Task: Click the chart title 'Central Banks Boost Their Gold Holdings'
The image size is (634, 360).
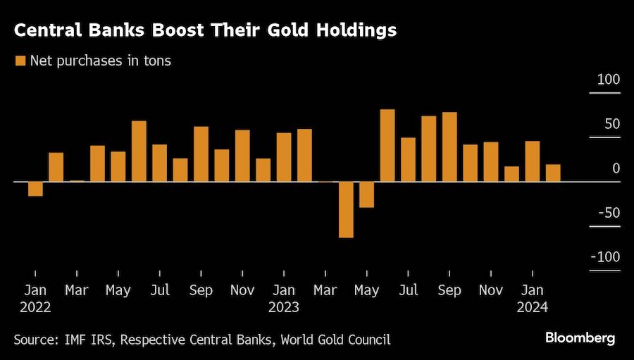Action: (205, 31)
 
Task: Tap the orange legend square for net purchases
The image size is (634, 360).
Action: (20, 61)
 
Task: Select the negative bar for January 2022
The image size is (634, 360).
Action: (35, 189)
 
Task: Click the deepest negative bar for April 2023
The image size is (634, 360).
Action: (346, 209)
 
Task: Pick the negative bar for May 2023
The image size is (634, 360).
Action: (366, 194)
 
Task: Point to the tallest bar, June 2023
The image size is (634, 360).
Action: (387, 146)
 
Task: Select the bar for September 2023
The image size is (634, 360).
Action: (449, 147)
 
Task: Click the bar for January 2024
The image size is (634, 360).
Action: (532, 161)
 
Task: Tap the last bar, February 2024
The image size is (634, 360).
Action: (553, 173)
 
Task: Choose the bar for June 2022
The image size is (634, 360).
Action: (139, 151)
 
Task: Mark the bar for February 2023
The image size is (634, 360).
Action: (304, 155)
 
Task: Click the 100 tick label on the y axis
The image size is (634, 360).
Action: (609, 80)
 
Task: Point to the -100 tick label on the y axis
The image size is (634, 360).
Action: (606, 257)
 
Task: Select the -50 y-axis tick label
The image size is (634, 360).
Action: (607, 213)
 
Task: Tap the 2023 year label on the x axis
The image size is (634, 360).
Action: (284, 307)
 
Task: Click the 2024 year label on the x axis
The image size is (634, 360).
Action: (532, 307)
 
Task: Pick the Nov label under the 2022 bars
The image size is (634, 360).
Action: (242, 290)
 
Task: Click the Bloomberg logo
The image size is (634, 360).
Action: (580, 338)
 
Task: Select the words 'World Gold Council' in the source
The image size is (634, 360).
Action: (335, 340)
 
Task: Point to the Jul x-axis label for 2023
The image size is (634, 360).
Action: (409, 290)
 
